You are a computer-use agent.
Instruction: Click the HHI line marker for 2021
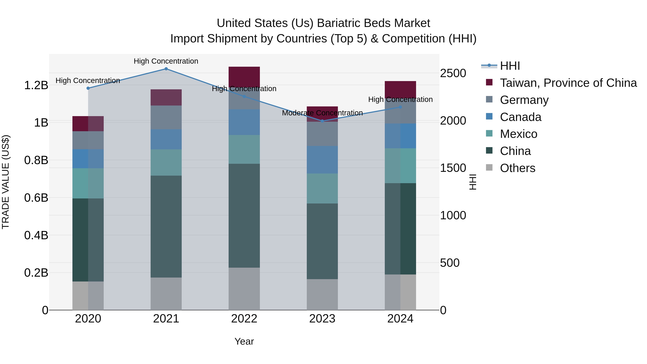(x=166, y=69)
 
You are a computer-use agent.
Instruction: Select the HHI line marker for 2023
(x=322, y=121)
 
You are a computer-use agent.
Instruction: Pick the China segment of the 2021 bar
(x=166, y=226)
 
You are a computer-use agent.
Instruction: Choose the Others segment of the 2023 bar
(x=322, y=294)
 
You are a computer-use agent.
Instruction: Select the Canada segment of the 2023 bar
(x=322, y=160)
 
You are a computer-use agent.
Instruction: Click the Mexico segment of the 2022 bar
(x=244, y=150)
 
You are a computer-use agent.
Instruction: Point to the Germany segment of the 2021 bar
(x=166, y=117)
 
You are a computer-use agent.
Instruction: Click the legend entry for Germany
(x=524, y=100)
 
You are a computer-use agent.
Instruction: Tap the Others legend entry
(x=517, y=168)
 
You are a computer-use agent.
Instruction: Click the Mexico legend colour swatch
(x=489, y=133)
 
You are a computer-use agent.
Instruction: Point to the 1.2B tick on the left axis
(x=36, y=85)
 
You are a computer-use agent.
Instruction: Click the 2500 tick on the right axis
(x=453, y=73)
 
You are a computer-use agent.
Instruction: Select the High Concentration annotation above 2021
(x=166, y=61)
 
